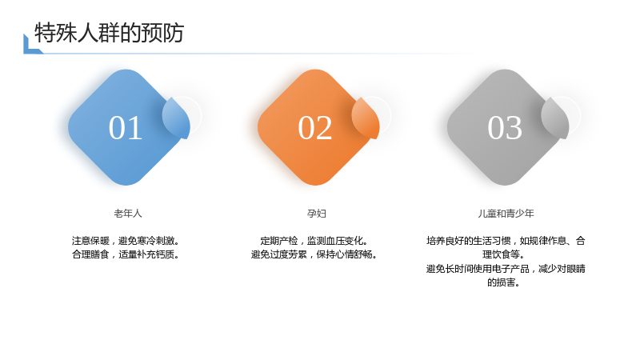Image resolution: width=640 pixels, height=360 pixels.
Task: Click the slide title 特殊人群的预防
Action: click(x=109, y=33)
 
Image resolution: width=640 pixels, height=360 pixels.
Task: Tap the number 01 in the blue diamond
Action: click(x=126, y=128)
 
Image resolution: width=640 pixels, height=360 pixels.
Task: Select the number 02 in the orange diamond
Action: click(x=314, y=128)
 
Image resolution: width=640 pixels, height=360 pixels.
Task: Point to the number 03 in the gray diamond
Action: click(x=505, y=128)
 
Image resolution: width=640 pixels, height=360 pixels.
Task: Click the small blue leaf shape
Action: click(x=176, y=118)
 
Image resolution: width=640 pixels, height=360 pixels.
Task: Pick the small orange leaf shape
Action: click(x=366, y=118)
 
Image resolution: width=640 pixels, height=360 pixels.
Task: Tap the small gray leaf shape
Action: click(x=555, y=118)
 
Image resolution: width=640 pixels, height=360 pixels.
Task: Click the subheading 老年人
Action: click(x=128, y=214)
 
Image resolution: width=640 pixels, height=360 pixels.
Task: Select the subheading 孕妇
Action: click(x=316, y=214)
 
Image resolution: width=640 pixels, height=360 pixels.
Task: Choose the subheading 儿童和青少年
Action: click(x=506, y=214)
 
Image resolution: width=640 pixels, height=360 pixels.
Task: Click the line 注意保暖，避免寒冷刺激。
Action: click(x=126, y=241)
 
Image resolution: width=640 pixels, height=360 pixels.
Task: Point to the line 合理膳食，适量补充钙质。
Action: click(x=126, y=254)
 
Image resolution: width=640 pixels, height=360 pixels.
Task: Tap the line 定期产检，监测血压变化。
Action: click(x=314, y=241)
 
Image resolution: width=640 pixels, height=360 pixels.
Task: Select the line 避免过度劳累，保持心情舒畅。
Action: click(x=314, y=254)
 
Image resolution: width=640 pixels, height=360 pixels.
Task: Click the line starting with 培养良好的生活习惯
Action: click(x=506, y=241)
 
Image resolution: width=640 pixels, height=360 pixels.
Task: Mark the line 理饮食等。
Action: click(x=503, y=254)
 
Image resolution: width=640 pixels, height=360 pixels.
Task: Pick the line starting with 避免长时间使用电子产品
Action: click(x=506, y=269)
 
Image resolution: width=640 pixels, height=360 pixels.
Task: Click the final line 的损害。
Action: click(x=503, y=282)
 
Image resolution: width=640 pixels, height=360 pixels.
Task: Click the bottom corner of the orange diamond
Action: click(x=315, y=186)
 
